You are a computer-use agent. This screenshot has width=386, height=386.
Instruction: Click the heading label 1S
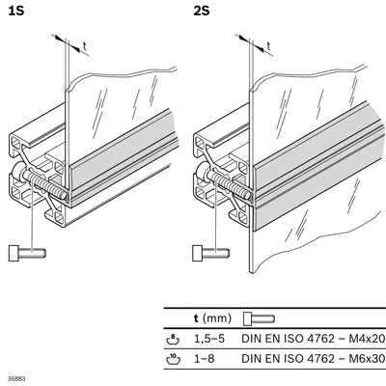pyautogui.click(x=16, y=11)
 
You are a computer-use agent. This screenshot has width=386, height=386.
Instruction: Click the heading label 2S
pyautogui.click(x=202, y=11)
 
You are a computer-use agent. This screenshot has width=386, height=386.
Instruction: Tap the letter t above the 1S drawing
pyautogui.click(x=85, y=46)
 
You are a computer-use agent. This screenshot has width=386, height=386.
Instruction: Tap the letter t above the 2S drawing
pyautogui.click(x=268, y=46)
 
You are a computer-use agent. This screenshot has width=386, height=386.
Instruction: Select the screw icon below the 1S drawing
pyautogui.click(x=27, y=253)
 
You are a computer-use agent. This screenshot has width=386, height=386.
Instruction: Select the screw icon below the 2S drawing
pyautogui.click(x=211, y=253)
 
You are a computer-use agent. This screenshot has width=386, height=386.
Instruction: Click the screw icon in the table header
pyautogui.click(x=259, y=318)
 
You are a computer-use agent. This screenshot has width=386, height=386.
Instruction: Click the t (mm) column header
pyautogui.click(x=212, y=318)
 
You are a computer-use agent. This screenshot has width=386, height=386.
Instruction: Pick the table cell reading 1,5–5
pyautogui.click(x=209, y=339)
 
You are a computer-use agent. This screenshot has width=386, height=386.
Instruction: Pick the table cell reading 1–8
pyautogui.click(x=204, y=358)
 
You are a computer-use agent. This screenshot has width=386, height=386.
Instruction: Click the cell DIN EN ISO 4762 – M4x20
pyautogui.click(x=313, y=339)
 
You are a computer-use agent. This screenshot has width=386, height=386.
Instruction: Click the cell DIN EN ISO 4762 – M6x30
pyautogui.click(x=313, y=358)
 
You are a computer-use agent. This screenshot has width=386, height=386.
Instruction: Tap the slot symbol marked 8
pyautogui.click(x=173, y=339)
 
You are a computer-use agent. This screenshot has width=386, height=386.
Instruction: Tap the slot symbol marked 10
pyautogui.click(x=173, y=359)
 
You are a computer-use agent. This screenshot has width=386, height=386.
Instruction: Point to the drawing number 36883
pyautogui.click(x=16, y=379)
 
